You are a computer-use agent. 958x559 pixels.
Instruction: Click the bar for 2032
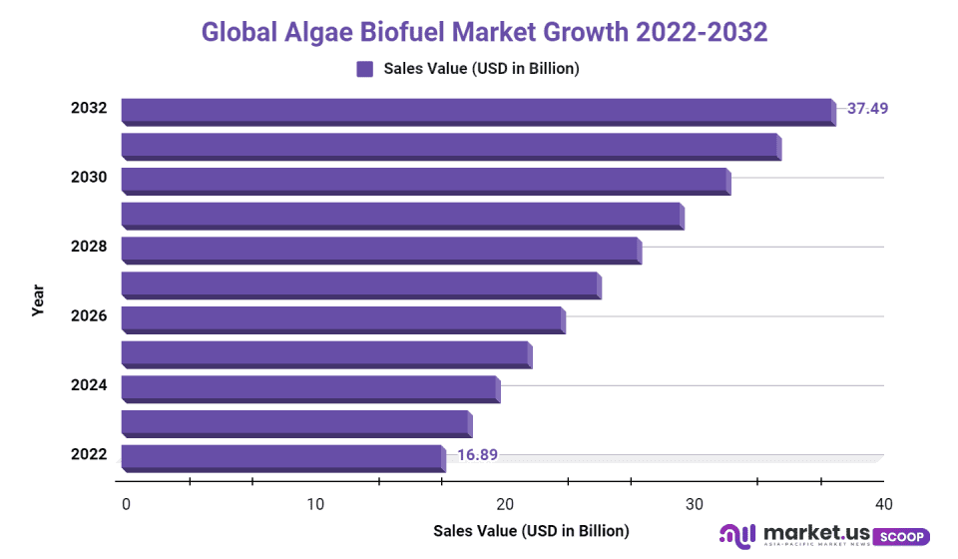[477, 111]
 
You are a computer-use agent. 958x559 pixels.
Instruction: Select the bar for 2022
[282, 457]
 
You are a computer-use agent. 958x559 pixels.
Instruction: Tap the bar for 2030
[425, 181]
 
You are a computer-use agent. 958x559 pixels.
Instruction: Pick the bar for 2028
[380, 250]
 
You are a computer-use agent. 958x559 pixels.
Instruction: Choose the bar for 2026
[342, 319]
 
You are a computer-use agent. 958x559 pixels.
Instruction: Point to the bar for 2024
[309, 388]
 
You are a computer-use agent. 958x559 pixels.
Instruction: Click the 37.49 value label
[867, 108]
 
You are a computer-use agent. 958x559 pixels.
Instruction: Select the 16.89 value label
[477, 455]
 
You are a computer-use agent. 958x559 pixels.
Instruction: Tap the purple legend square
[364, 69]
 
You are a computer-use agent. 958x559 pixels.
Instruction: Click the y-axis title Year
[38, 300]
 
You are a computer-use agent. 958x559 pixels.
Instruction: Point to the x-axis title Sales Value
[531, 530]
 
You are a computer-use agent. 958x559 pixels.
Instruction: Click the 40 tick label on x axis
[883, 504]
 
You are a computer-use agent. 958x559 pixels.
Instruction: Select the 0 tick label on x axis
[126, 504]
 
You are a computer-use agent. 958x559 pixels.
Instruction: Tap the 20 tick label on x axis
[505, 504]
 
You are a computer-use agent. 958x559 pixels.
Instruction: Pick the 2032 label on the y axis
[89, 108]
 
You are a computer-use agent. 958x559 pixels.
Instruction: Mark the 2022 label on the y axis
[89, 455]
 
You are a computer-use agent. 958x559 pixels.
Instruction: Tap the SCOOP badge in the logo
[901, 537]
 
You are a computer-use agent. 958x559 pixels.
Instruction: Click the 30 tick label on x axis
[694, 504]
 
